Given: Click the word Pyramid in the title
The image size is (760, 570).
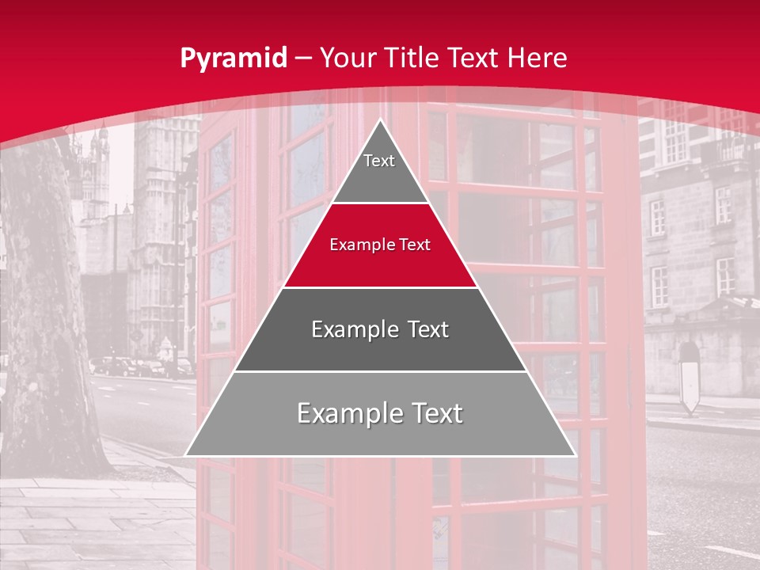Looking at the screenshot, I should [x=233, y=59].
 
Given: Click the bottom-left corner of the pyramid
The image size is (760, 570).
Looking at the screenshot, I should [x=187, y=454].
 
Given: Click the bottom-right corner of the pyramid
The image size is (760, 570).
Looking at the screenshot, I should [x=574, y=454].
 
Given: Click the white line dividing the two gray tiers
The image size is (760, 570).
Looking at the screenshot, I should [x=380, y=371].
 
